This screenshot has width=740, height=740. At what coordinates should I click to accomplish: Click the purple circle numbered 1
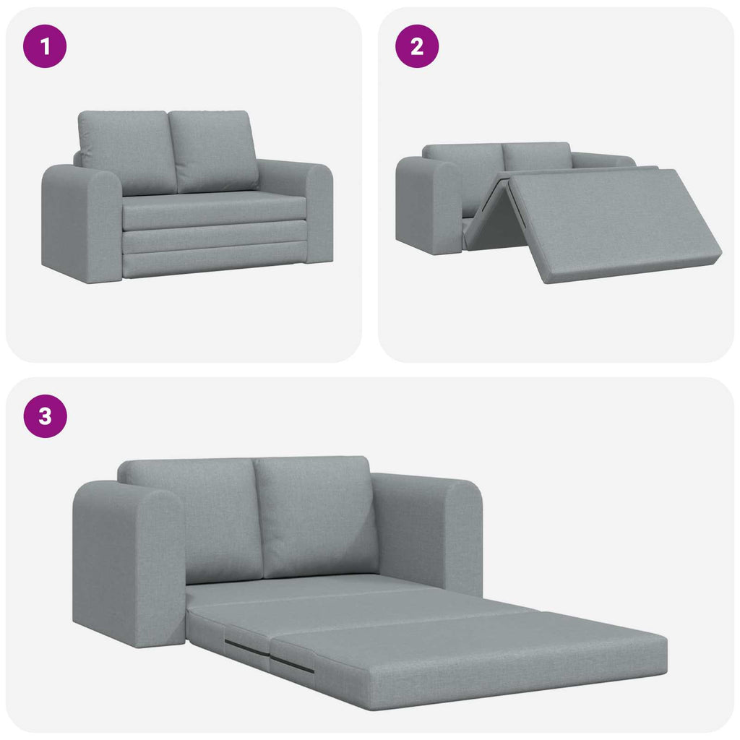(46, 47)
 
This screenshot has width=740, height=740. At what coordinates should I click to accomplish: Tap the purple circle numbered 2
(417, 47)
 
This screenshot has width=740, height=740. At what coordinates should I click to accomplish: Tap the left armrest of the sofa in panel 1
(80, 223)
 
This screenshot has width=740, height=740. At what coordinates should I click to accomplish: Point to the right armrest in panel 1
(316, 210)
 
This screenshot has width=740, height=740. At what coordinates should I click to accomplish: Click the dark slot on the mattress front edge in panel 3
(293, 663)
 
